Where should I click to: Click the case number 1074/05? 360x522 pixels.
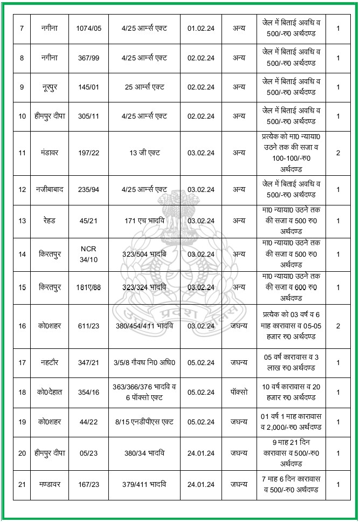point(88,28)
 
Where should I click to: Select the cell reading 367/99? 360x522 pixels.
point(88,57)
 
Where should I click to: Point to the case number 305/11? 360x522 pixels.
point(88,115)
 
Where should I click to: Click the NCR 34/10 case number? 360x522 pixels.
point(88,254)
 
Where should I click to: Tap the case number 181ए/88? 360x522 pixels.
point(88,287)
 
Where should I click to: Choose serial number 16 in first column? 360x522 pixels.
point(22,326)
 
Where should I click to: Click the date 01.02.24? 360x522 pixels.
point(200,28)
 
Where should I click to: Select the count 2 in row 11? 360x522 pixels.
point(338,153)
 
